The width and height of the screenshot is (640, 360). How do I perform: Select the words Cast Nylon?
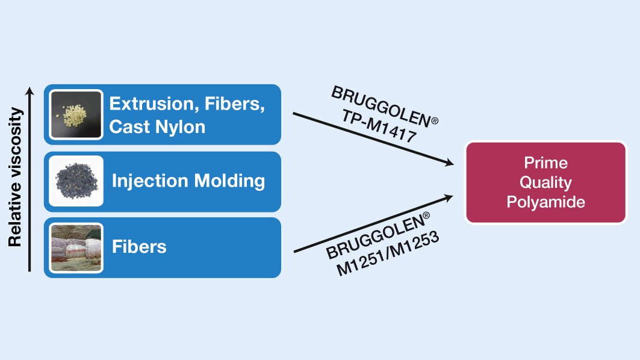(x=157, y=126)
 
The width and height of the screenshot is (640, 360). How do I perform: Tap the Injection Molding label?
(x=188, y=181)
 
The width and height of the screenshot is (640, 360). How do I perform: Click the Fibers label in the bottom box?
(x=139, y=246)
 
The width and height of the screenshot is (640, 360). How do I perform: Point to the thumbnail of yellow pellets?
(x=76, y=114)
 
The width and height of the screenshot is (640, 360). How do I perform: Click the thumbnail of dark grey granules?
(x=76, y=181)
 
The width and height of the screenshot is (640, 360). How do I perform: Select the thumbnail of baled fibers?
(x=76, y=247)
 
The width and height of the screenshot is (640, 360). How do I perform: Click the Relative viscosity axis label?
(x=15, y=178)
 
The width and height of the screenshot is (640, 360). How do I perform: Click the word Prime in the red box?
(x=545, y=163)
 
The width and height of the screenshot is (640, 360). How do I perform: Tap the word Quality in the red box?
(x=545, y=182)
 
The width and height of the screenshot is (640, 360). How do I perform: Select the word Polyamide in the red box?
(x=545, y=201)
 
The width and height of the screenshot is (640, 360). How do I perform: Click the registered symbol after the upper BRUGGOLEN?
(x=434, y=121)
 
